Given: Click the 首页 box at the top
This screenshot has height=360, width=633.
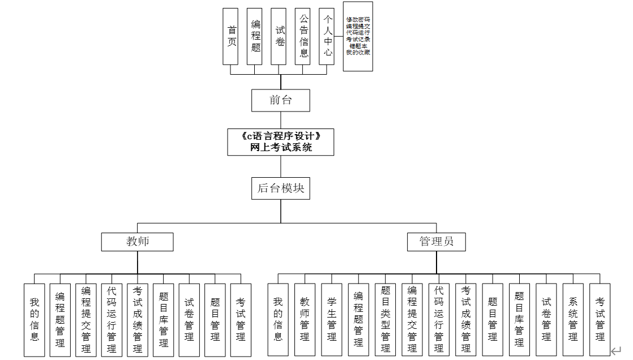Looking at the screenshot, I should tap(230, 36).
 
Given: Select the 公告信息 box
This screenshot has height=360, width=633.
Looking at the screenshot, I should tap(303, 36).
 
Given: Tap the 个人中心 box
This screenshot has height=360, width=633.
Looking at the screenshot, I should tap(327, 36).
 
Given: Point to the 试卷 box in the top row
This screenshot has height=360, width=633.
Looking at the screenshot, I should tap(279, 36).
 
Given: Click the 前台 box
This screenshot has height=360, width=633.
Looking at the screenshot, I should tap(281, 101).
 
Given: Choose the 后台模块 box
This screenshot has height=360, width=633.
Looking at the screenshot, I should tap(281, 188).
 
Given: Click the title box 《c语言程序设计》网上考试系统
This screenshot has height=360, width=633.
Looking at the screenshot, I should tap(281, 142).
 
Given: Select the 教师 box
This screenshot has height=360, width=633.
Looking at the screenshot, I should tap(138, 242).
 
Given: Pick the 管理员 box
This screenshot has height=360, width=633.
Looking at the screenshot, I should tap(437, 242).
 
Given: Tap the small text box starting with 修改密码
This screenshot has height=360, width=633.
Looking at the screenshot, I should tap(358, 36).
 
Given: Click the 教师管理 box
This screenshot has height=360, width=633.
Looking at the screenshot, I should tap(305, 320).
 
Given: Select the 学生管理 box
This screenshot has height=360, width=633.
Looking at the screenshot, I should tap(332, 320).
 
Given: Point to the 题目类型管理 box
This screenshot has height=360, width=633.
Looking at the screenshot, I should tap(386, 320).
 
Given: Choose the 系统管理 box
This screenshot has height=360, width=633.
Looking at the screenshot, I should tap(573, 320).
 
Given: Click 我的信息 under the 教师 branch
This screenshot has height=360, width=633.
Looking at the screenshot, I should tap(35, 320).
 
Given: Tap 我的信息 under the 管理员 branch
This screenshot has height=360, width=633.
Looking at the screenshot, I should tap(278, 320).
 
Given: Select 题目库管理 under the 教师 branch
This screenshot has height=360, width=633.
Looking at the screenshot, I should tap(164, 320).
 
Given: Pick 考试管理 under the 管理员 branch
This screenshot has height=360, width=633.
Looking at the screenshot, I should tap(600, 320).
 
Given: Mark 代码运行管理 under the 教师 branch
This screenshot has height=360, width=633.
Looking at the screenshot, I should tap(112, 320).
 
